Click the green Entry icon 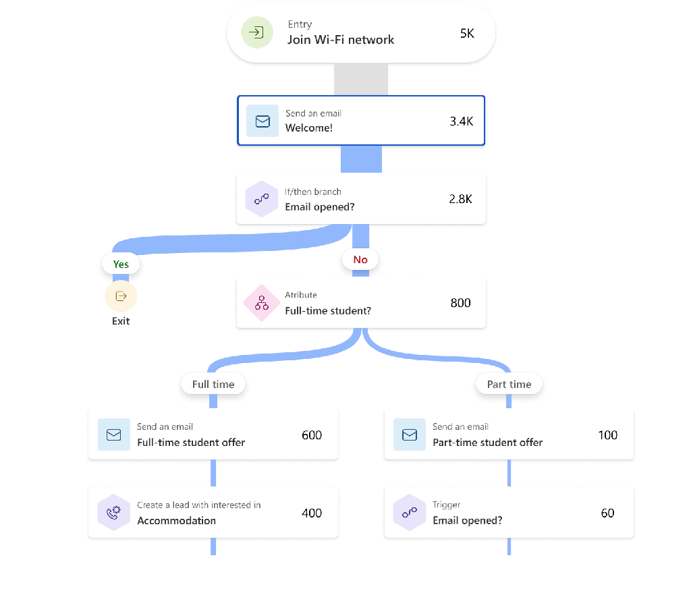point(256,32)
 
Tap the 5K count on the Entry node point(467,33)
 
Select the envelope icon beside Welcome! point(262,121)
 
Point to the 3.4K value point(462,121)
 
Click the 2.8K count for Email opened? point(461,199)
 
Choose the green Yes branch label point(121,264)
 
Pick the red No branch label point(360,260)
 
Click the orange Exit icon point(121,296)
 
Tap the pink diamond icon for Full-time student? point(262,303)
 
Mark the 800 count point(460,303)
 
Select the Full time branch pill point(213,384)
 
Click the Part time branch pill point(509,384)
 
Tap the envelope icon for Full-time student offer point(114,435)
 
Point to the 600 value point(312,435)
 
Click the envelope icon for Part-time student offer point(410,435)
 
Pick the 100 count point(607,435)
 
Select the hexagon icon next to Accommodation point(114,513)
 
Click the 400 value point(312,513)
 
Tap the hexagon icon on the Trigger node point(410,513)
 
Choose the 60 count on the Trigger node point(607,513)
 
